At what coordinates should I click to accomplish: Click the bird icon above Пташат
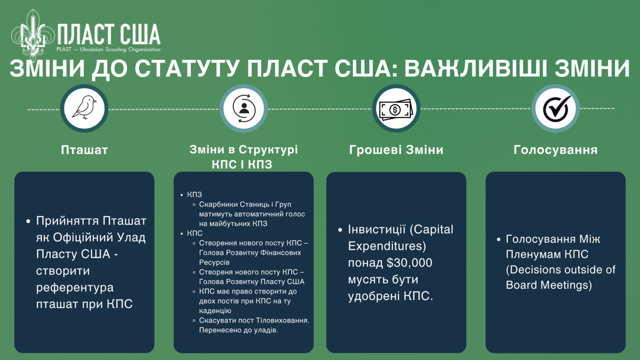coord(84,107)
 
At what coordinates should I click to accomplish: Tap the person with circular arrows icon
coord(244,108)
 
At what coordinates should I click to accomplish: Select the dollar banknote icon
coord(396,109)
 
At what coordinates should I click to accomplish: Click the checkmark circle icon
coord(556,108)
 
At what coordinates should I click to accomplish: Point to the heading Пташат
coord(84,150)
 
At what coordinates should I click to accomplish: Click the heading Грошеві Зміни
coord(396,150)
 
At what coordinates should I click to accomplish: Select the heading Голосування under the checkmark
coord(555,150)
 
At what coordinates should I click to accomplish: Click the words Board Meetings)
coord(549,285)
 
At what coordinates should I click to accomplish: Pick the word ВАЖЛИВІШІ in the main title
coord(475,69)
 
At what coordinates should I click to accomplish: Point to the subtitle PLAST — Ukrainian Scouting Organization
coord(108,50)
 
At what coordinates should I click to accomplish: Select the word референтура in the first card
coord(75,287)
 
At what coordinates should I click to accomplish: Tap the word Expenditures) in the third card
coord(387,246)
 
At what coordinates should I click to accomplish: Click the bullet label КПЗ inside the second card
coord(194,195)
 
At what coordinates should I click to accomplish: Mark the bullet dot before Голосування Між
coord(499,239)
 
